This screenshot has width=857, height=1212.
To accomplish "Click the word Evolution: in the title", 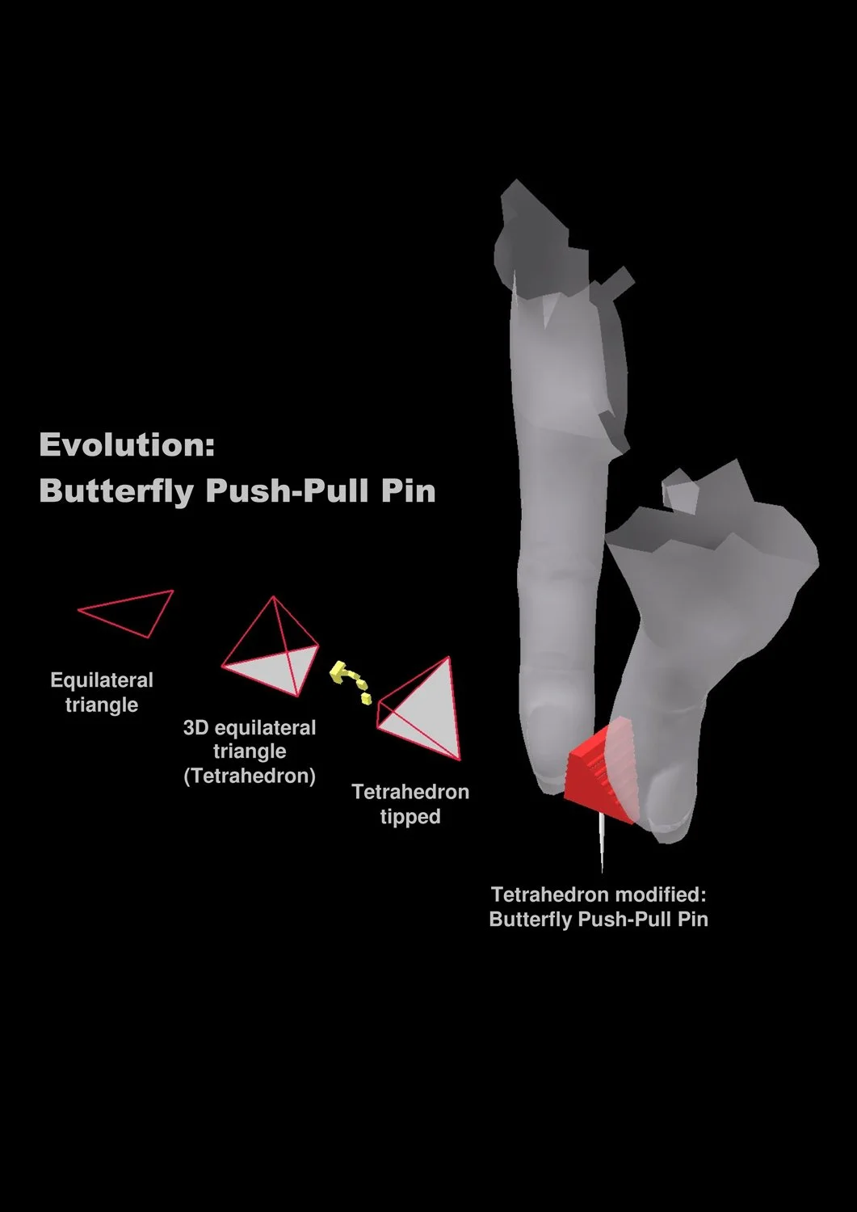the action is click(127, 445).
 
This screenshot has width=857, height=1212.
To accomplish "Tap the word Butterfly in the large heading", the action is click(116, 490).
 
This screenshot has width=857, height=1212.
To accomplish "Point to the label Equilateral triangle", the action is click(102, 692).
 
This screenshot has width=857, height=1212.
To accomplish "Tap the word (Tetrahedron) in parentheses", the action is click(250, 776).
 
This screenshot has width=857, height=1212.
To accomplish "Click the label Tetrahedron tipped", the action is click(410, 803).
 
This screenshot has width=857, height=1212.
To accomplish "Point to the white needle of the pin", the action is click(602, 844).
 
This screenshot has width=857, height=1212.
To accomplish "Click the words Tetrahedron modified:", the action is click(599, 895).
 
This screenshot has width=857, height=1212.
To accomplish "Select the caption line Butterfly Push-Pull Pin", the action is click(599, 920).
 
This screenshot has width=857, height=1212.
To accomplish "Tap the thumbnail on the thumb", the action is click(669, 796).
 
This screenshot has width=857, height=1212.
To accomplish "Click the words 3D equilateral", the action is click(250, 727).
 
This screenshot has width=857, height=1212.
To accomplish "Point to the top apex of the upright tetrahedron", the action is click(274, 598).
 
